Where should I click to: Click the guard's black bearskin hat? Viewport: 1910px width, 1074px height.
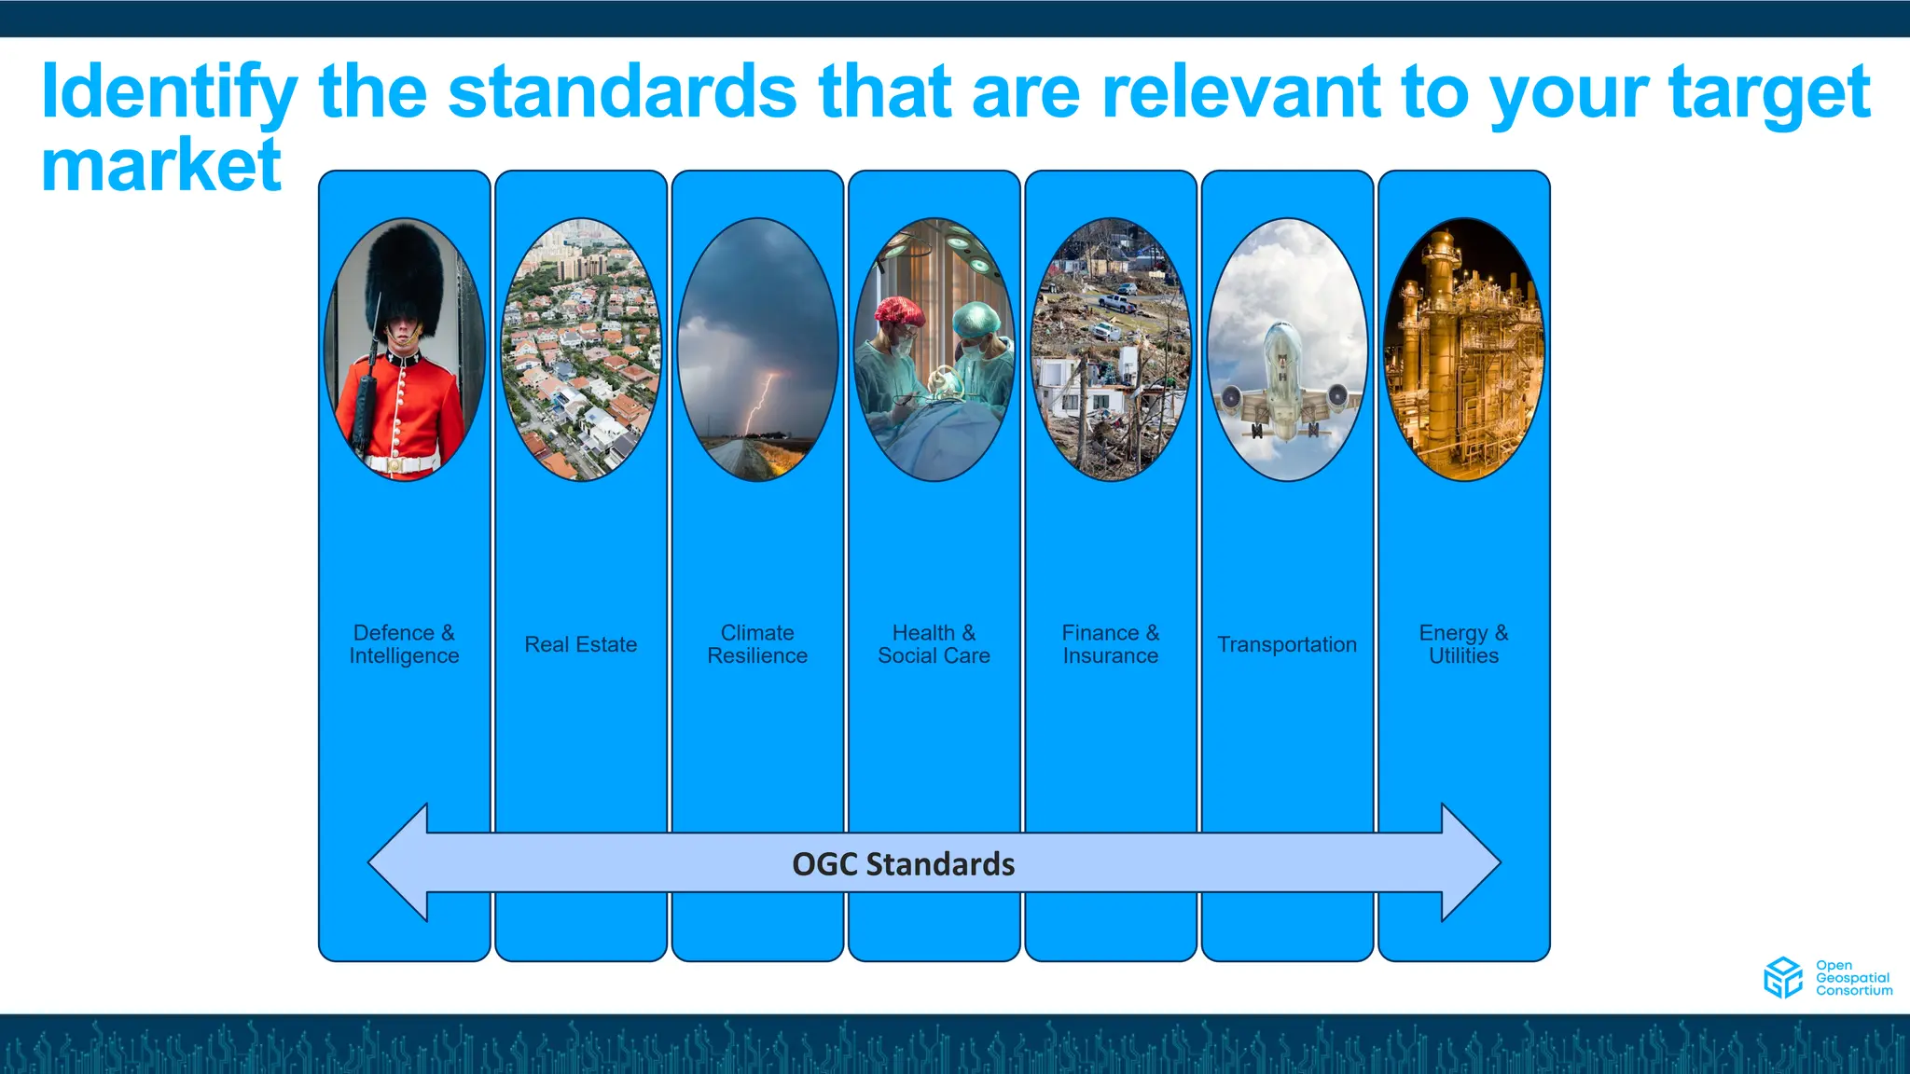[404, 275]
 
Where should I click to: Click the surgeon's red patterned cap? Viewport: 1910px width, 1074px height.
[899, 312]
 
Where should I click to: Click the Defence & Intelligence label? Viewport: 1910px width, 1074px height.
[404, 644]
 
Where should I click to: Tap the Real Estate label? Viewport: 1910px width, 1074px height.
[580, 644]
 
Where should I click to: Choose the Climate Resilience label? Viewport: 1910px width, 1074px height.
[757, 644]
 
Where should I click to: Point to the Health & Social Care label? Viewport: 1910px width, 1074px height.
[934, 644]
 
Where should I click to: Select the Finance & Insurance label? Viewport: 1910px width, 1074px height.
[1110, 644]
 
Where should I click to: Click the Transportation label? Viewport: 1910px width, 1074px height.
[1286, 644]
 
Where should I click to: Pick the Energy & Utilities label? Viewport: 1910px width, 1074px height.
[1463, 644]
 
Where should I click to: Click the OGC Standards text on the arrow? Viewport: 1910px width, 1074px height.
[903, 864]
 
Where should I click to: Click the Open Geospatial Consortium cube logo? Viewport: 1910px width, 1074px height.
[1782, 977]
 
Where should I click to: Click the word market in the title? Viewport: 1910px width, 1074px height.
[160, 166]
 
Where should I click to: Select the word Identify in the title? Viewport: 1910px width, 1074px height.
[168, 93]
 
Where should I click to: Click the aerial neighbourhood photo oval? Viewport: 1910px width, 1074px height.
[580, 350]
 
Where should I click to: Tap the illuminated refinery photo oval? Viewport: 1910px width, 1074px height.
[1463, 350]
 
